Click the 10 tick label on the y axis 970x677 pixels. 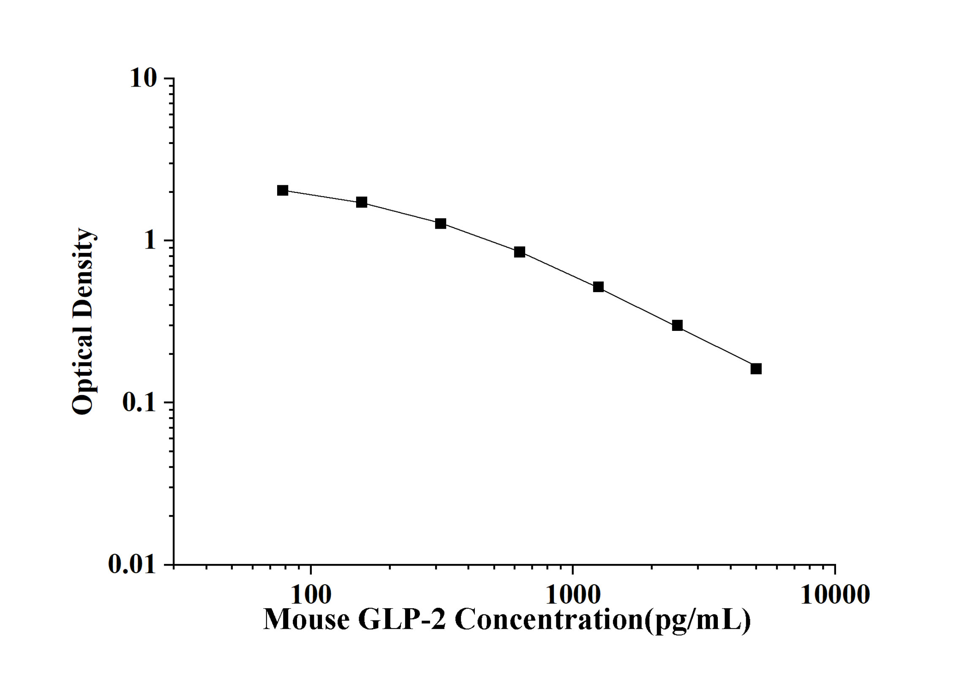[143, 79]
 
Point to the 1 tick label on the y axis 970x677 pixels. [150, 241]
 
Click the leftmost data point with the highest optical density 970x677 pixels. [283, 190]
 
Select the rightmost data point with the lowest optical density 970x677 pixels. [756, 369]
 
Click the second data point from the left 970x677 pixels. [362, 202]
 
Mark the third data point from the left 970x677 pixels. [441, 224]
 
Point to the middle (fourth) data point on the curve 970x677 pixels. [520, 252]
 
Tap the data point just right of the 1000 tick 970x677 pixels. [598, 287]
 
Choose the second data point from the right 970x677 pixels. [677, 325]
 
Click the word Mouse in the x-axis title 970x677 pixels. [306, 620]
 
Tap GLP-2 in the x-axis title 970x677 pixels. [402, 620]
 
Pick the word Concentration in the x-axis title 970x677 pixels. [549, 620]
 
